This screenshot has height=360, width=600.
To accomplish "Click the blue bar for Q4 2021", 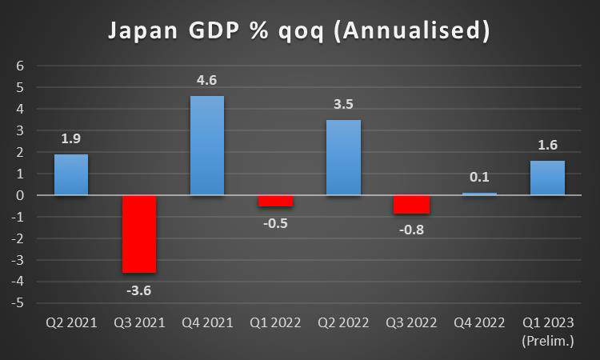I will [x=207, y=146].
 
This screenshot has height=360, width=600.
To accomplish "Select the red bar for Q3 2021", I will [x=139, y=234].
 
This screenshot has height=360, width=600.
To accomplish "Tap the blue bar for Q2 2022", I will [x=344, y=158].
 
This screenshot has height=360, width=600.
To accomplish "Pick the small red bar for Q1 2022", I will [x=275, y=201].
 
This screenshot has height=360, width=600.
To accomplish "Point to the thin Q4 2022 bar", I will [x=479, y=194].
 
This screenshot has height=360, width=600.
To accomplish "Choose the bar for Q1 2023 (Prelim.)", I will [x=548, y=178].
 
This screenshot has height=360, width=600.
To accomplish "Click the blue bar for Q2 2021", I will [x=71, y=174].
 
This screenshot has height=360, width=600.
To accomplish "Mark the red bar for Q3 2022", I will [x=412, y=204].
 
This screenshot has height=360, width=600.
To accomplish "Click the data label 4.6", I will [x=207, y=80].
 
